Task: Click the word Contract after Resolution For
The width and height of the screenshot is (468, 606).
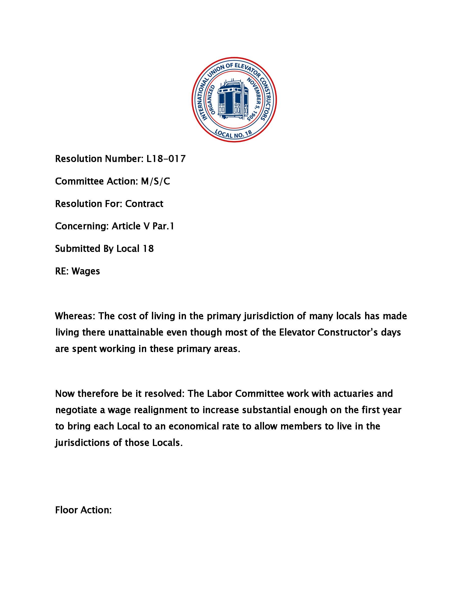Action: pos(144,204)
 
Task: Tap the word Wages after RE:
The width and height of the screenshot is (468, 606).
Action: pos(86,271)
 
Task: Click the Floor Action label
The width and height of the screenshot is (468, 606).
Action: pos(83,510)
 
